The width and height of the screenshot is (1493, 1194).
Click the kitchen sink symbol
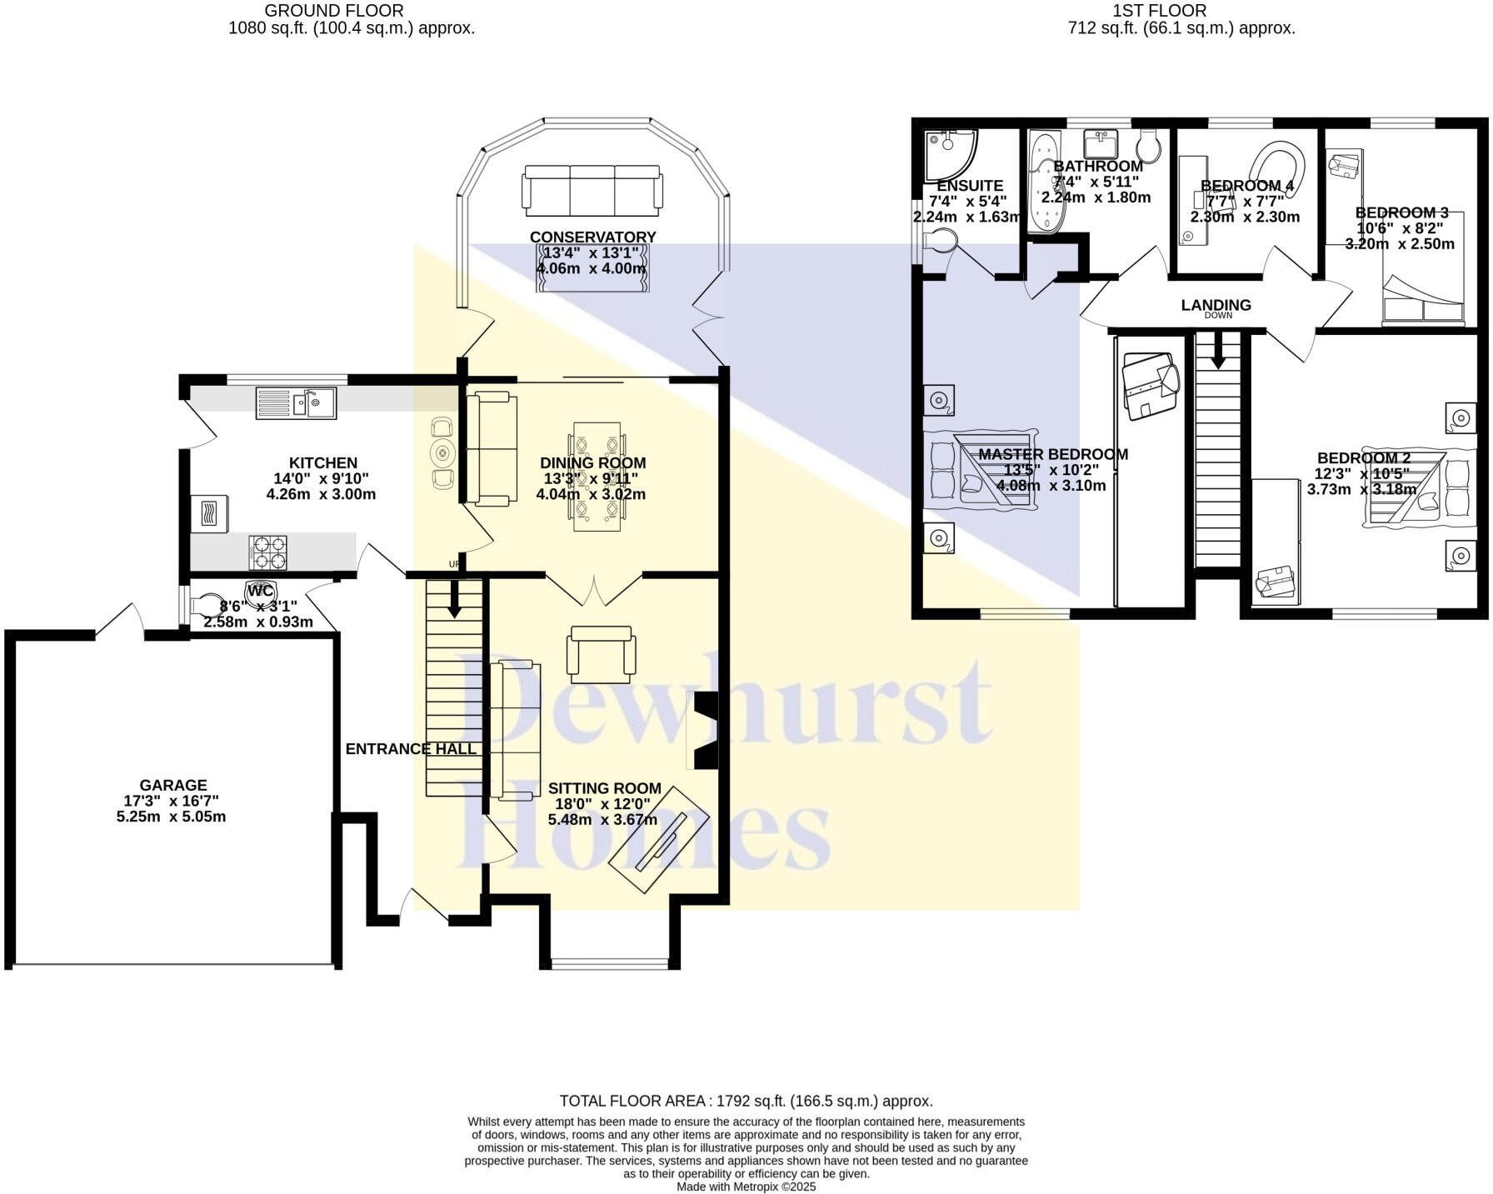pyautogui.click(x=296, y=403)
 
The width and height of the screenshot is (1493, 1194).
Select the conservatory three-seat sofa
pyautogui.click(x=592, y=187)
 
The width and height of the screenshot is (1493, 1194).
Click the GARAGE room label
pyautogui.click(x=173, y=785)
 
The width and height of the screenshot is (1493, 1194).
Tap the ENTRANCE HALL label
pyautogui.click(x=411, y=749)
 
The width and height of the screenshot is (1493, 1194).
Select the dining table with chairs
pyautogui.click(x=597, y=477)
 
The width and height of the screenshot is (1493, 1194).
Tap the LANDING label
pyautogui.click(x=1216, y=305)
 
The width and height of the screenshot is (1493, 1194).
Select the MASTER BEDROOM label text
pyautogui.click(x=1053, y=454)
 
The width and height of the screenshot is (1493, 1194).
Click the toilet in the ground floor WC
pyautogui.click(x=206, y=604)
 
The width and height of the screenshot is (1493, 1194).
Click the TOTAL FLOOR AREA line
pyautogui.click(x=746, y=1101)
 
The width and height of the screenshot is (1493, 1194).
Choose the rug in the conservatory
pyautogui.click(x=592, y=268)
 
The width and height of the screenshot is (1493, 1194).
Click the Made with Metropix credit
pyautogui.click(x=746, y=1187)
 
